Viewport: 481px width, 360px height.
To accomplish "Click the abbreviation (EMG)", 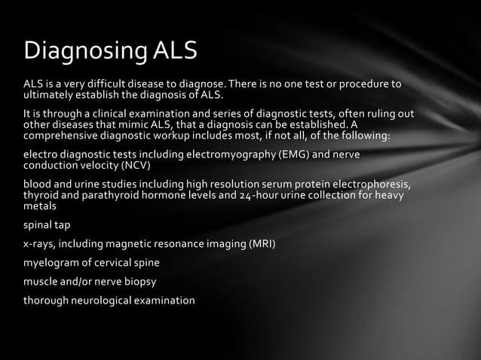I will (x=295, y=155).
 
